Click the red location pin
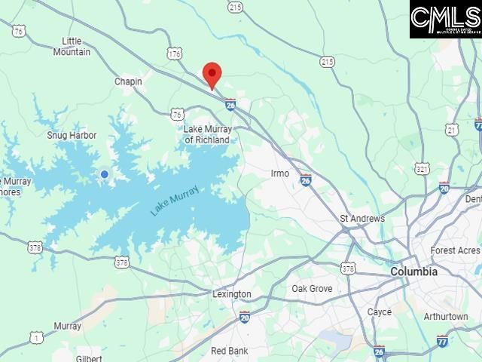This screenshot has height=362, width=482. click(212, 75)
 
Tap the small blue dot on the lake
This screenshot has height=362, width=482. click(105, 174)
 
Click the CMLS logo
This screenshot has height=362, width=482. click(445, 19)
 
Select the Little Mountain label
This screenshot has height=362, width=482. click(72, 46)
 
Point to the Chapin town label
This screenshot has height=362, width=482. click(128, 81)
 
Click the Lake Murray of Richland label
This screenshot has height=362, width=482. click(208, 134)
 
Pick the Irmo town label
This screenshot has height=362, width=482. click(280, 173)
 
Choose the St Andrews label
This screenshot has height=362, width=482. click(362, 219)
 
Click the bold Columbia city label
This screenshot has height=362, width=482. click(413, 271)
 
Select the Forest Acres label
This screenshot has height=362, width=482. click(455, 250)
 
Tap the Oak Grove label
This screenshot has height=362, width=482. click(312, 289)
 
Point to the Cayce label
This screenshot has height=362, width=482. click(380, 311)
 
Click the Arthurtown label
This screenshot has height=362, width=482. click(446, 317)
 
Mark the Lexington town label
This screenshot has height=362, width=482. click(231, 294)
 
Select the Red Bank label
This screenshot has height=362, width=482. click(229, 351)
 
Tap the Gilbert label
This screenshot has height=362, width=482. click(89, 358)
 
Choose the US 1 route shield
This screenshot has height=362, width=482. click(36, 336)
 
